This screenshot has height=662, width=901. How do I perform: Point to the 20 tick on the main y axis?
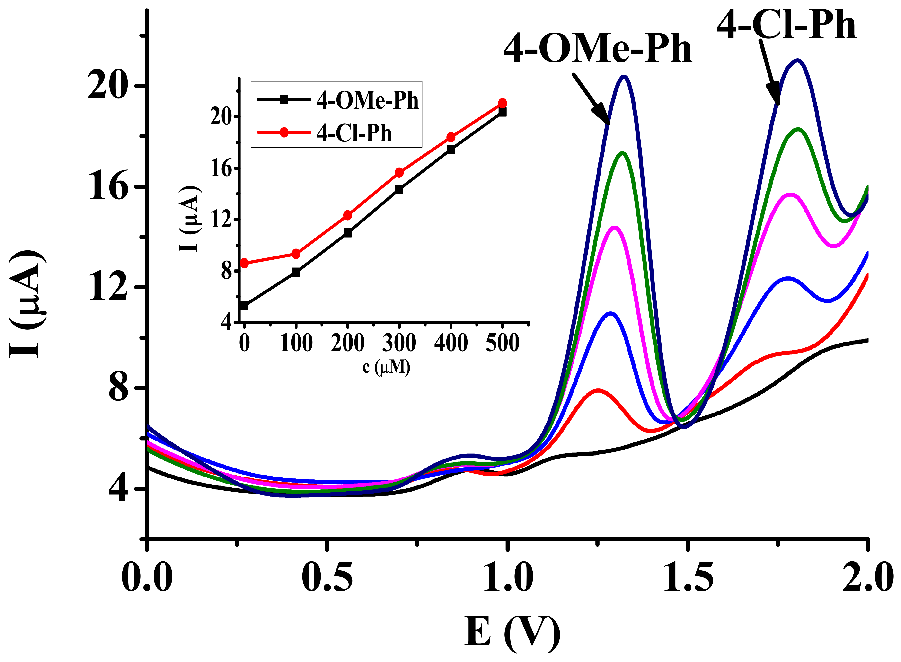coord(106,87)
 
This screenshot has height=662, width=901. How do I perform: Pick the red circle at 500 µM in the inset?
coord(502,103)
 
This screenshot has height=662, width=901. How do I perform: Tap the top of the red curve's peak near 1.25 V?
coord(598,390)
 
